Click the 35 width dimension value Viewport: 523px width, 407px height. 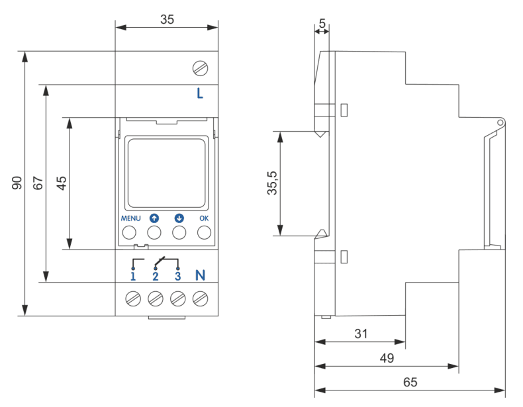click(x=167, y=19)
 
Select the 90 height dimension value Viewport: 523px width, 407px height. click(x=17, y=183)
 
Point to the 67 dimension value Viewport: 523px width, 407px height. click(x=38, y=183)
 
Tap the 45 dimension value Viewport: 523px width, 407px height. click(x=62, y=183)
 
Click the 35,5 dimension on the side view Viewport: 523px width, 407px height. click(x=273, y=183)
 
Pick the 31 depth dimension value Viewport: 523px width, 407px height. click(x=361, y=334)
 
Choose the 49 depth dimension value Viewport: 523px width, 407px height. click(x=387, y=358)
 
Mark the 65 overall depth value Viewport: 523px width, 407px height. click(x=410, y=382)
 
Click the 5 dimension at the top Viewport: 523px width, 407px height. click(x=322, y=23)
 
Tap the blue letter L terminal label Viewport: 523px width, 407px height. click(x=200, y=93)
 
